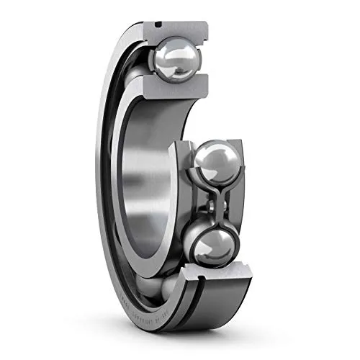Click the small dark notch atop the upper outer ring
pyautogui.click(x=156, y=27)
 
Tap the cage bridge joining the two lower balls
pyautogui.click(x=216, y=204)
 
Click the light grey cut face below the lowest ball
pyautogui.click(x=216, y=281)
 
